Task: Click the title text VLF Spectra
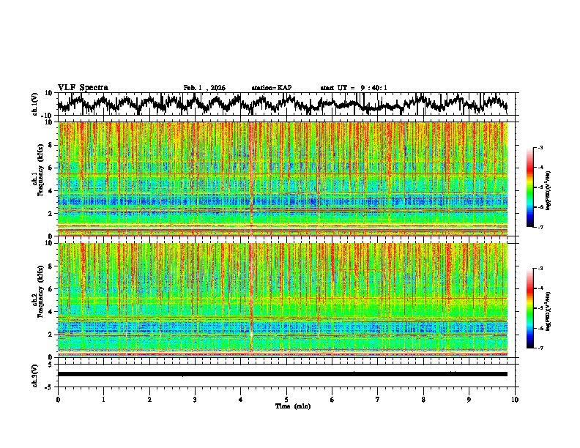coord(83,88)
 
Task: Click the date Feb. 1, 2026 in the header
coord(204,88)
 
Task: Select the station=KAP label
coord(272,88)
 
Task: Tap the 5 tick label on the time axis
coord(286,400)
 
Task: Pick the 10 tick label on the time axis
coord(515,400)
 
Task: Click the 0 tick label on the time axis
coord(58,400)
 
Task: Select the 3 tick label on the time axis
coord(195,400)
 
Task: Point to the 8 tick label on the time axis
coord(423,400)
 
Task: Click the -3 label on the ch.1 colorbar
coord(540,148)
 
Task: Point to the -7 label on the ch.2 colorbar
coord(540,348)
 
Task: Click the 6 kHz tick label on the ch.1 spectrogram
coord(51,168)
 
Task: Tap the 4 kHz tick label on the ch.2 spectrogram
coord(51,311)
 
